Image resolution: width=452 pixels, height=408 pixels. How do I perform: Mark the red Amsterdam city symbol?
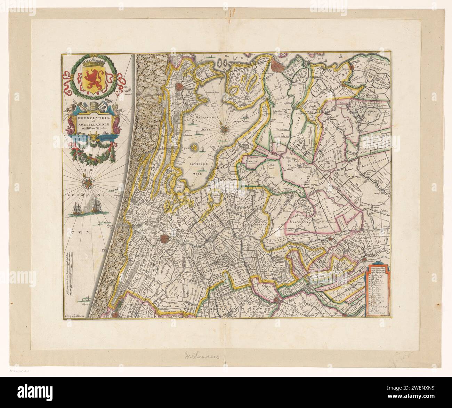278,65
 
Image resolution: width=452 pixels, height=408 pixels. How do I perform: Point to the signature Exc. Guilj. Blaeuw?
75,316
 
